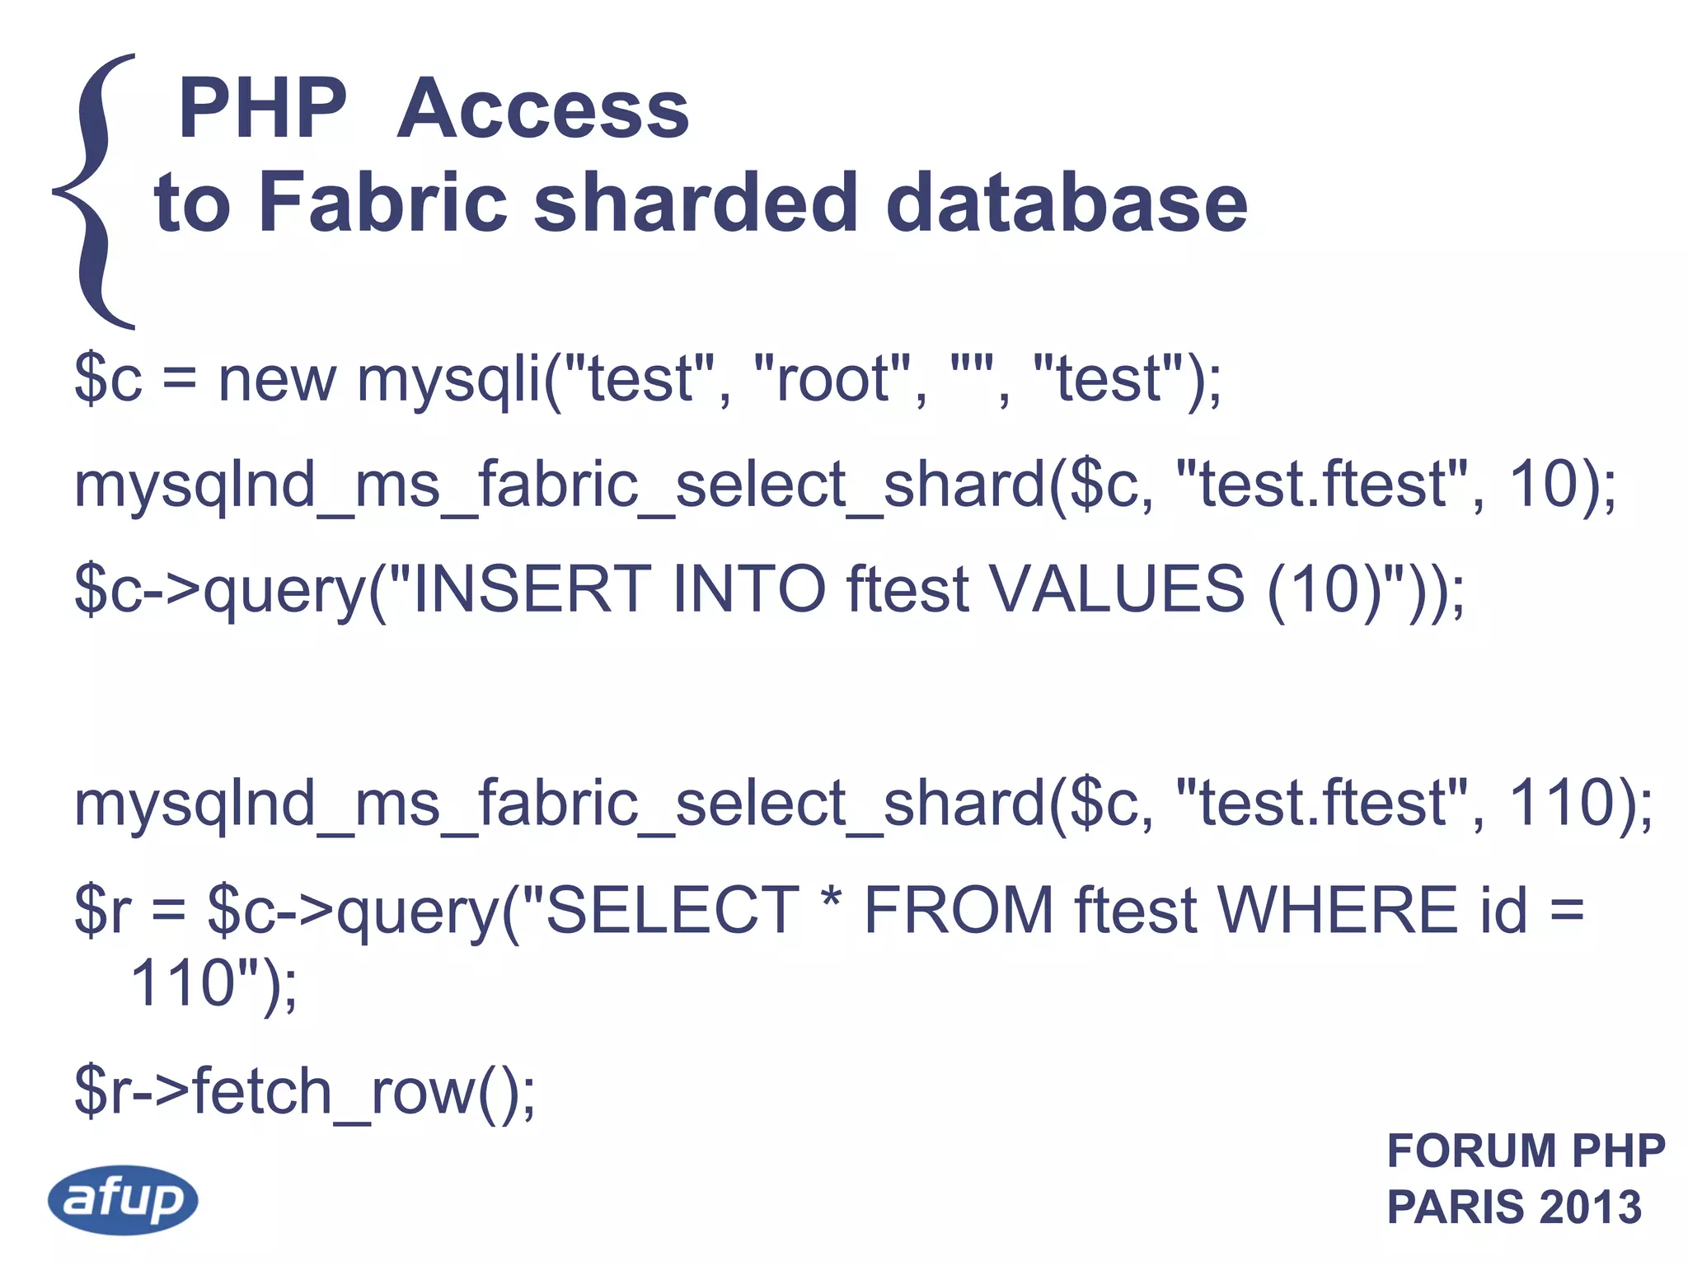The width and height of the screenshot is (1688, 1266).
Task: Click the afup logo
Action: pos(123,1199)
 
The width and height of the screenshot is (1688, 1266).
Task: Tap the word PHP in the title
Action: pos(263,109)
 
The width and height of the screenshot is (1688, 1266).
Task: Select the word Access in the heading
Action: pos(543,109)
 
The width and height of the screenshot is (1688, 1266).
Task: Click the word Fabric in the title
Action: pos(382,203)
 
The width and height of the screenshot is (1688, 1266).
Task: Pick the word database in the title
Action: pos(1067,203)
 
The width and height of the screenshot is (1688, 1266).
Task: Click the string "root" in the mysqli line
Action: pos(832,379)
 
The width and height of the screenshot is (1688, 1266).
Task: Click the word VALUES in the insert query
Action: pos(1116,588)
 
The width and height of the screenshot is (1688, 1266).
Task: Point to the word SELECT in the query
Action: pos(672,910)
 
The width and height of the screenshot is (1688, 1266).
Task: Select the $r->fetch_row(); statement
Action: pos(305,1091)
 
